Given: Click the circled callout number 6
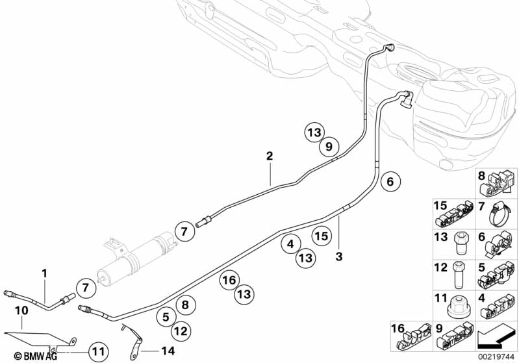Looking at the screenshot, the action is click(x=390, y=182).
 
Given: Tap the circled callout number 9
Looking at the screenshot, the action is click(x=329, y=146).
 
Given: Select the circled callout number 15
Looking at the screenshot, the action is click(x=322, y=236).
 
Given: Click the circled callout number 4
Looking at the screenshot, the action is click(x=290, y=244).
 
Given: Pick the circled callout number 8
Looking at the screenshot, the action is click(x=185, y=305).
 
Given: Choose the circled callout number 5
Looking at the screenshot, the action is click(x=166, y=317).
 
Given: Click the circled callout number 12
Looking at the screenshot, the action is click(x=181, y=331).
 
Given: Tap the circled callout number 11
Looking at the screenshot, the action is click(x=99, y=351).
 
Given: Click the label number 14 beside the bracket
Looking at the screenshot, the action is click(x=168, y=351).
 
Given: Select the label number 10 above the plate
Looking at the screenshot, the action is click(x=22, y=310).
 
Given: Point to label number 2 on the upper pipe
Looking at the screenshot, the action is click(x=270, y=156).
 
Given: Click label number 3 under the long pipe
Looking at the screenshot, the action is click(x=338, y=256).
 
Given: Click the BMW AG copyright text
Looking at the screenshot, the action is click(x=36, y=356).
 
